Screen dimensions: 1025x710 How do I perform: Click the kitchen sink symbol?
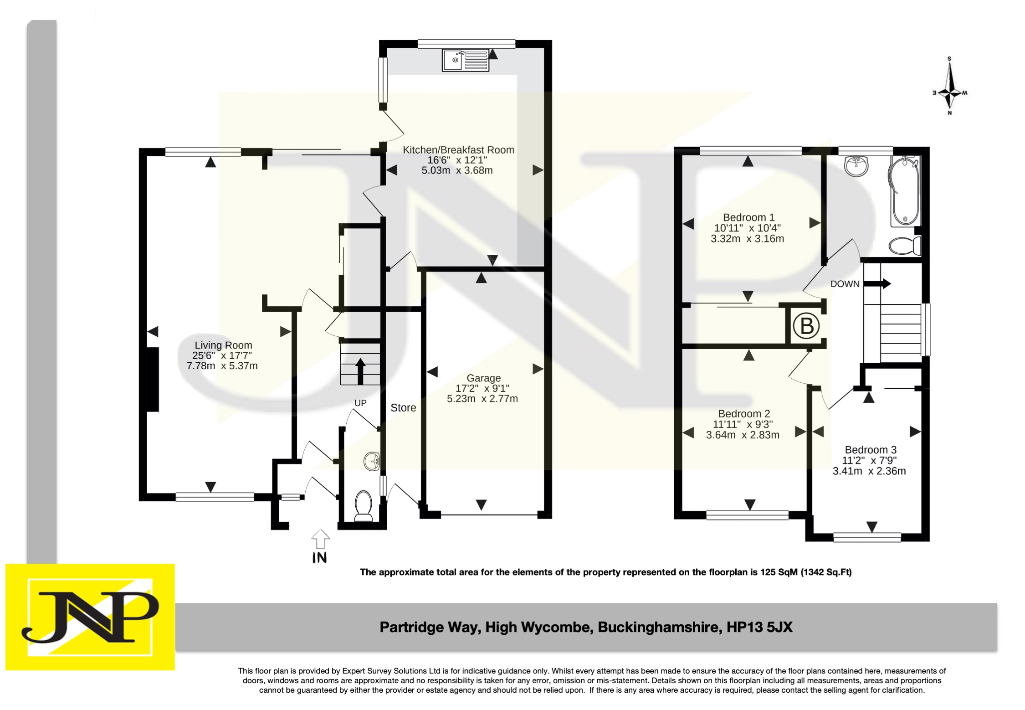pyautogui.click(x=465, y=60)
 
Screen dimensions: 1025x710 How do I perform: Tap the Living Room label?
pyautogui.click(x=223, y=345)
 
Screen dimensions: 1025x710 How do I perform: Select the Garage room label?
pyautogui.click(x=483, y=378)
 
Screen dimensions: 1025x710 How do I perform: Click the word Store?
pyautogui.click(x=403, y=408)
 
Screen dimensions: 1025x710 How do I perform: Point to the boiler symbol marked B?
pyautogui.click(x=806, y=326)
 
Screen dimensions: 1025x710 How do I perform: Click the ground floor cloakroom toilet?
pyautogui.click(x=364, y=505)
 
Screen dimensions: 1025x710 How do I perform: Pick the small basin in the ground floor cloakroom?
pyautogui.click(x=372, y=461)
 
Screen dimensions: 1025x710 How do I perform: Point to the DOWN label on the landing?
pyautogui.click(x=845, y=284)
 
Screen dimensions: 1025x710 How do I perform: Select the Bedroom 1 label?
pyautogui.click(x=748, y=217)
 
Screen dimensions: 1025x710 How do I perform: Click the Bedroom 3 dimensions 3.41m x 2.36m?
pyautogui.click(x=869, y=471)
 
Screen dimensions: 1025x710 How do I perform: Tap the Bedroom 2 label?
pyautogui.click(x=744, y=414)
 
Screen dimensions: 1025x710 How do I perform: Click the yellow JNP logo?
pyautogui.click(x=90, y=617)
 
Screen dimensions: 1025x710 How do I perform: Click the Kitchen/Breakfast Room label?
pyautogui.click(x=458, y=150)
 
